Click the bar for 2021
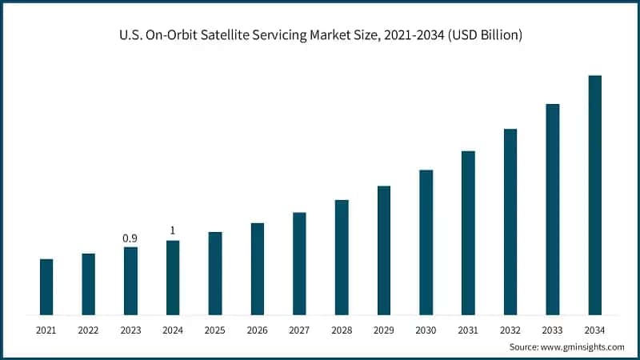(46, 286)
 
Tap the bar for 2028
(342, 257)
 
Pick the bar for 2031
(468, 232)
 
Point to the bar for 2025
(215, 273)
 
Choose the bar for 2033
(552, 209)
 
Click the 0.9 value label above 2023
(130, 238)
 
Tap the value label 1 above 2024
(173, 231)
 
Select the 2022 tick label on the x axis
(88, 330)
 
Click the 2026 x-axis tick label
(257, 330)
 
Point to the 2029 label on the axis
(383, 330)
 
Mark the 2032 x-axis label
(510, 330)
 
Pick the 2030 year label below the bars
(426, 330)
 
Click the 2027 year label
(299, 330)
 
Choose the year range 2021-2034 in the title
(415, 34)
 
